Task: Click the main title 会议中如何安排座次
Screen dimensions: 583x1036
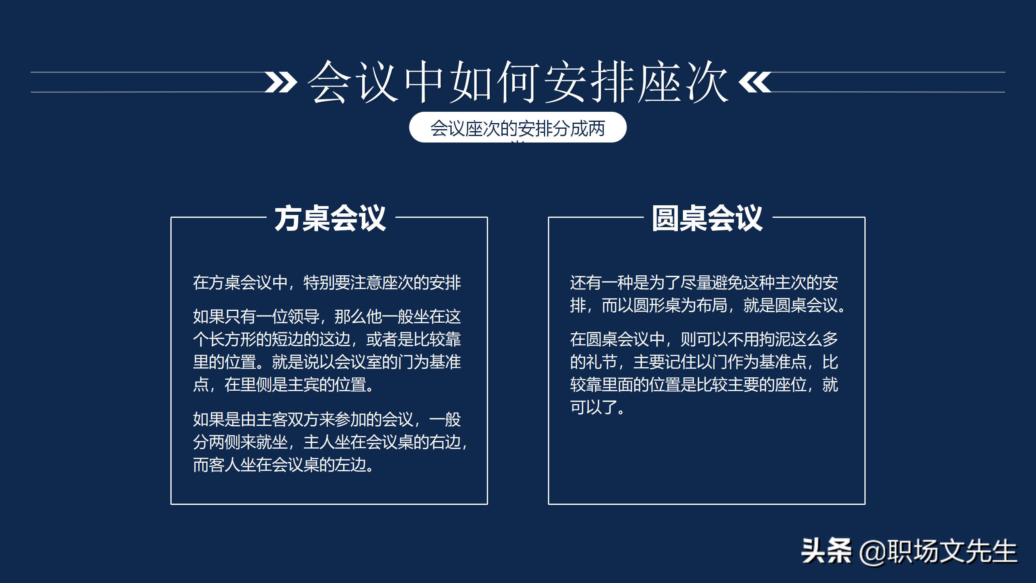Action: tap(518, 82)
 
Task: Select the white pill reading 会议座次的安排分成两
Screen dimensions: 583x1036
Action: tap(518, 128)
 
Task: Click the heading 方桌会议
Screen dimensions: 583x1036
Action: tap(330, 218)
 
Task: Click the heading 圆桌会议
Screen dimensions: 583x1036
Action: tap(707, 218)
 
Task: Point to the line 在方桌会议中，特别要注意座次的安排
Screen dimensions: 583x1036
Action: tap(327, 283)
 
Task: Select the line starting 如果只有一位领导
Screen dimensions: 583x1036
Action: tap(327, 317)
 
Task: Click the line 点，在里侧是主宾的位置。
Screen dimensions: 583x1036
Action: tap(283, 385)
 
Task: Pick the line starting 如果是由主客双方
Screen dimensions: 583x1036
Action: tap(327, 419)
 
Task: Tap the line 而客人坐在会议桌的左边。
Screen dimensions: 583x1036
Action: tap(283, 465)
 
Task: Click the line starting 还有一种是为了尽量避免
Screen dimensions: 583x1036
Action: tap(704, 283)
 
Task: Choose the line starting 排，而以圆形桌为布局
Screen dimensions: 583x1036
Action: tap(708, 305)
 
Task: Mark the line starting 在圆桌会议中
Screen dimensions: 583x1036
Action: tap(704, 339)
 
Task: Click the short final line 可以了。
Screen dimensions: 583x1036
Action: tap(597, 407)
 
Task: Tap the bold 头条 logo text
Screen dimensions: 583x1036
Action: tap(826, 551)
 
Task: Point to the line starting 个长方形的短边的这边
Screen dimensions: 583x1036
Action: tap(327, 339)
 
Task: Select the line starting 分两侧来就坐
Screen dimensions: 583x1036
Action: tap(330, 442)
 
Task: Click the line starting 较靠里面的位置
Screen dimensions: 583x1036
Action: tap(704, 385)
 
